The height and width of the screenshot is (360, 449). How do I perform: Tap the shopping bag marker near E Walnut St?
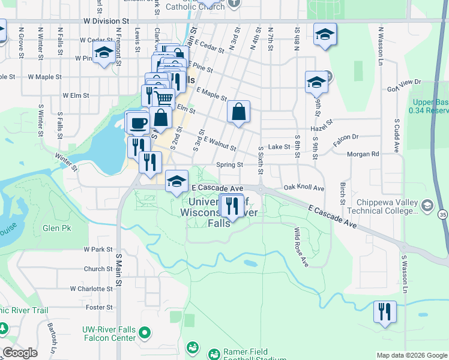238,112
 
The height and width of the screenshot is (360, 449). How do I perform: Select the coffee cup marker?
137,122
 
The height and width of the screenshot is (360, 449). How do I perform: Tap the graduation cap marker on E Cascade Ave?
176,181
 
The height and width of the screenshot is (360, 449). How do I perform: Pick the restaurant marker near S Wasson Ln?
384,311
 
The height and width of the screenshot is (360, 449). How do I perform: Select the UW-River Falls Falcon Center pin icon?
145,332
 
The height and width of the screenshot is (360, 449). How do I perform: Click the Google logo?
20,353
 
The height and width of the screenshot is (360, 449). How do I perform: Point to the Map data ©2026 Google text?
412,355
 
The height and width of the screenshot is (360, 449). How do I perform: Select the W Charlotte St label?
91,289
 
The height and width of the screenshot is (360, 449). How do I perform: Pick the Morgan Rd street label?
367,154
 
